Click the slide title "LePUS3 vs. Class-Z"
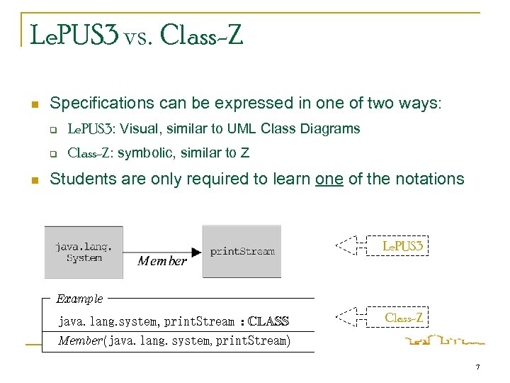click(137, 35)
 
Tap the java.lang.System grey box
click(84, 252)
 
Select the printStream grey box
click(242, 251)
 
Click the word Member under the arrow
click(162, 261)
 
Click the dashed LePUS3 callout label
click(402, 246)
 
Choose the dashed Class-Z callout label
click(403, 318)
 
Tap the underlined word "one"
click(329, 179)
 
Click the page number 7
click(478, 367)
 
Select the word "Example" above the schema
click(79, 299)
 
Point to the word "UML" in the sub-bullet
click(243, 129)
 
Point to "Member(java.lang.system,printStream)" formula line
click(174, 341)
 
